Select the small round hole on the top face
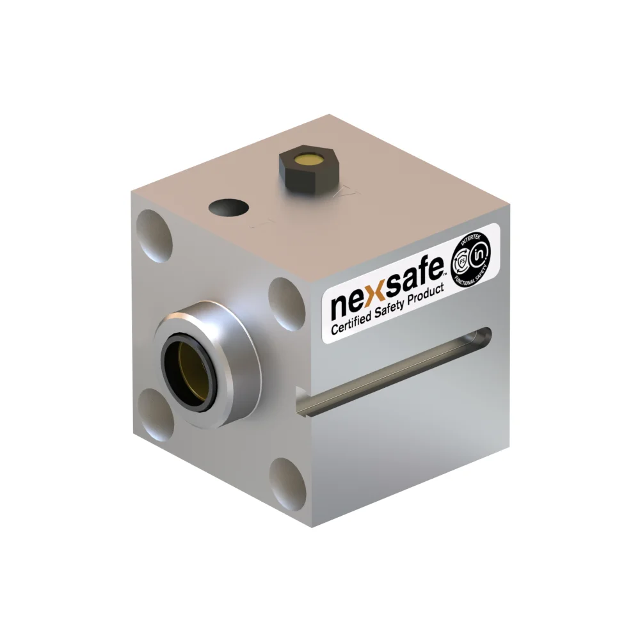(x=228, y=208)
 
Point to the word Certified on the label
(x=356, y=322)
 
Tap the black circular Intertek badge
(x=474, y=262)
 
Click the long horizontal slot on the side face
(x=397, y=371)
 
